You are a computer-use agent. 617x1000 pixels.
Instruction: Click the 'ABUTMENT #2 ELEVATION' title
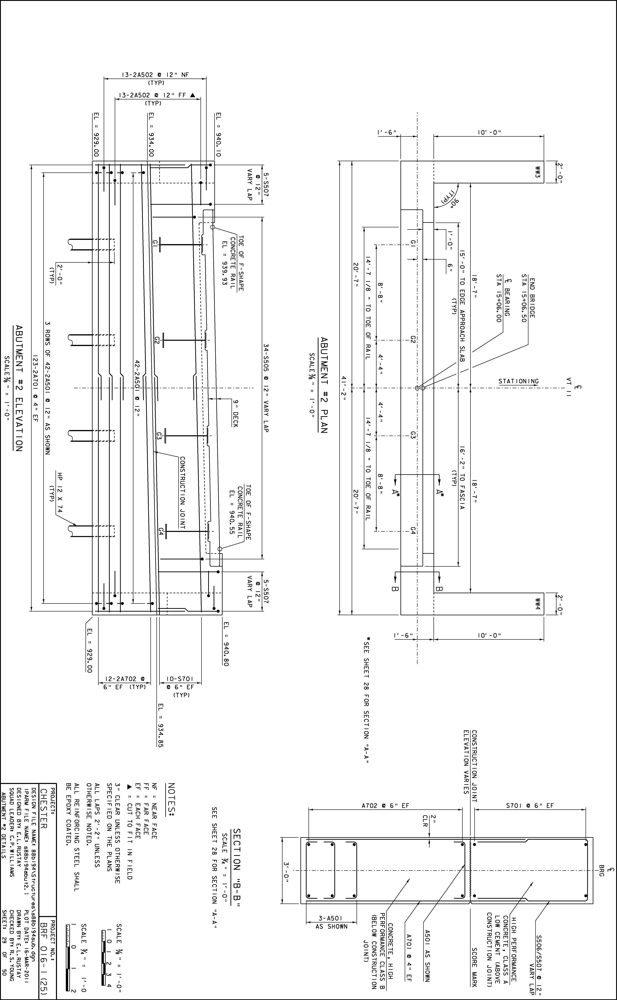[19, 388]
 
